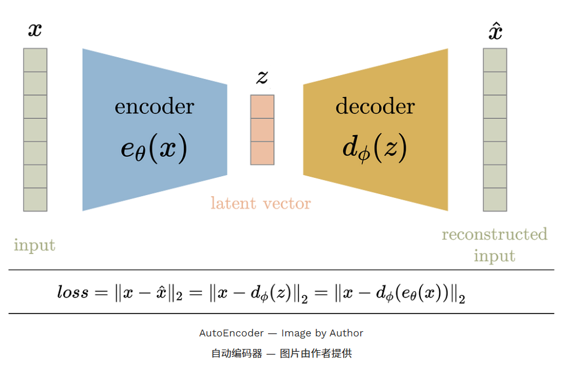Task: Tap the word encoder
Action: tap(155, 106)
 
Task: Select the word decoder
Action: tap(375, 106)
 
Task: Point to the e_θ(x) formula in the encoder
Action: tap(154, 149)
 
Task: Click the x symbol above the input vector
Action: tap(35, 30)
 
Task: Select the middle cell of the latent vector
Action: tap(262, 130)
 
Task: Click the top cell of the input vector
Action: tap(35, 60)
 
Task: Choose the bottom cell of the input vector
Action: tap(35, 200)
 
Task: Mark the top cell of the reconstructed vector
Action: tap(495, 60)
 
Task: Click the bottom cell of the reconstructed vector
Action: tap(495, 200)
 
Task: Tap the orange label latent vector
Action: tap(261, 203)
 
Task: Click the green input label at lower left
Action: tap(34, 245)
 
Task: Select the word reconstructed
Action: tap(494, 235)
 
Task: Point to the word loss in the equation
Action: tap(73, 292)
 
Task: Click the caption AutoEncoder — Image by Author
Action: tap(281, 333)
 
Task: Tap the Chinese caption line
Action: tap(281, 353)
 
